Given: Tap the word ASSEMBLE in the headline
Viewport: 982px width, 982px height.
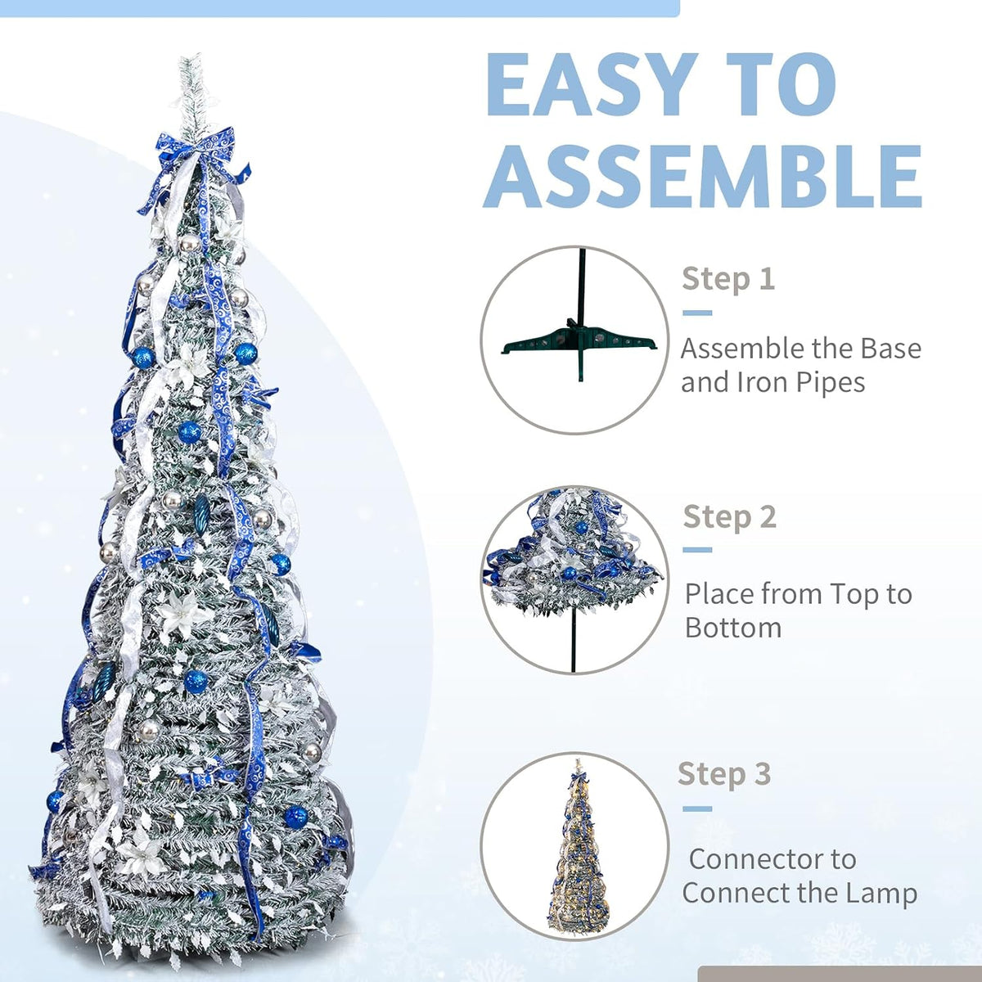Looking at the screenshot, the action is click(x=703, y=176).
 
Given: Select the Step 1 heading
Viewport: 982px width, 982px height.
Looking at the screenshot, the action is click(x=728, y=279).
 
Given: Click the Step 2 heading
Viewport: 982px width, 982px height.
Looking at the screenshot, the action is click(x=729, y=516).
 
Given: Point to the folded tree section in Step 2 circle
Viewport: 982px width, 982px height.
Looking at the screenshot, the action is click(x=574, y=555).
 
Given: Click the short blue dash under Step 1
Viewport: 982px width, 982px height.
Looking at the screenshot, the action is click(x=697, y=313).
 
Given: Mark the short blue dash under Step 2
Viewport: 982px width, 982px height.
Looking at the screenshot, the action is click(x=697, y=550).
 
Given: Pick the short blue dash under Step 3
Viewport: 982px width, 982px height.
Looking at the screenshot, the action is click(x=697, y=809).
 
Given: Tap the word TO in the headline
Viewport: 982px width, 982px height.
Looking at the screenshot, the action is click(x=782, y=85).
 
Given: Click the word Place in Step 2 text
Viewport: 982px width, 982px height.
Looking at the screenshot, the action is click(x=723, y=593).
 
